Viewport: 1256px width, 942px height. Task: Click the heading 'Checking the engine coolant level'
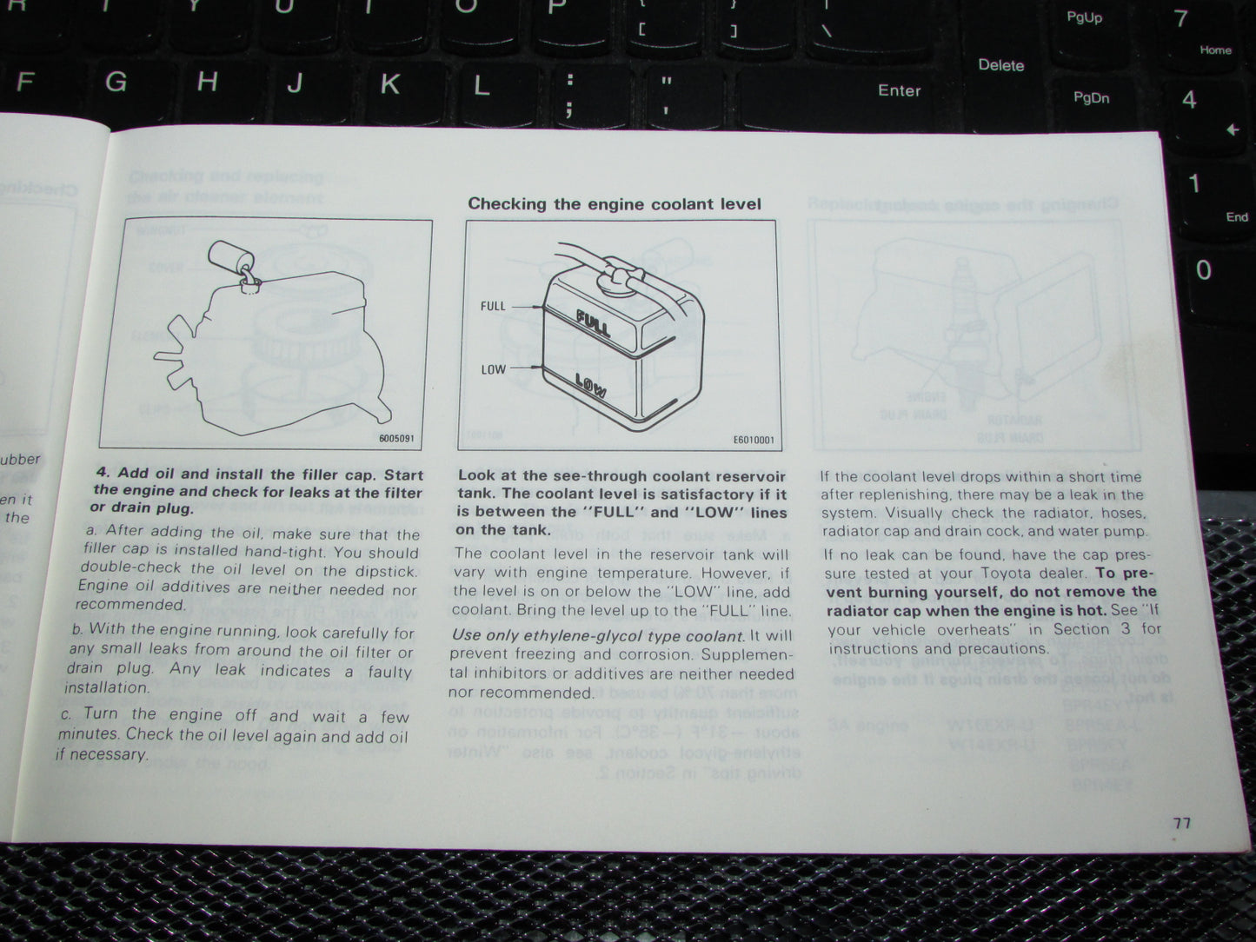(x=614, y=204)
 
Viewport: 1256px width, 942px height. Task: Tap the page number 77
(x=1181, y=822)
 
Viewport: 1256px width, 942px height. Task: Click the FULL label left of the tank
(x=493, y=306)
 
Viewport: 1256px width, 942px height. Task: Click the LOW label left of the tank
(x=493, y=369)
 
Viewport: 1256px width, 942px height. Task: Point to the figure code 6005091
(x=397, y=439)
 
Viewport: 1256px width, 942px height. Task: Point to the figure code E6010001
(x=753, y=441)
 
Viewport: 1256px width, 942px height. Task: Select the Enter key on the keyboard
(x=899, y=90)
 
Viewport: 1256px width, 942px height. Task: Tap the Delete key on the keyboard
(x=1000, y=65)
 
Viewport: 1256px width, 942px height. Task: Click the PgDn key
(x=1091, y=98)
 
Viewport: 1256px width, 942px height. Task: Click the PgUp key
(x=1084, y=17)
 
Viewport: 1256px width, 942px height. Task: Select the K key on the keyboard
(x=390, y=84)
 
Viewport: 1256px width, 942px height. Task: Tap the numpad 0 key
(x=1204, y=270)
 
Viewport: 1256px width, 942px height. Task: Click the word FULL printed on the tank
(x=594, y=322)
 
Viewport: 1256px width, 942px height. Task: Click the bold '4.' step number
(x=103, y=474)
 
